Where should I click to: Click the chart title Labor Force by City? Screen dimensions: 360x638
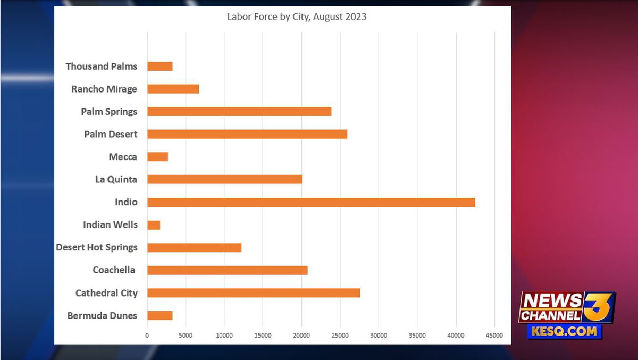tap(297, 16)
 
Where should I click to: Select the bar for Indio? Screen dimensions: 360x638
tap(311, 202)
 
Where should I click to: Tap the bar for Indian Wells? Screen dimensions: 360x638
tap(154, 225)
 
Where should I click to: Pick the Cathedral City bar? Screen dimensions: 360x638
tap(254, 293)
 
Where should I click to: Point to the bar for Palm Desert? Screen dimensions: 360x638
tap(247, 134)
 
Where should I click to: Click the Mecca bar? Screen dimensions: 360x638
tap(157, 157)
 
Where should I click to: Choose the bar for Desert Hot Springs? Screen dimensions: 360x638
tap(194, 247)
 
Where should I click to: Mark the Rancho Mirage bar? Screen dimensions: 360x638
tap(173, 89)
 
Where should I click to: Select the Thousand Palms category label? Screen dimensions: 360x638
tap(102, 66)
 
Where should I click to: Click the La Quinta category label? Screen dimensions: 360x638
tap(116, 179)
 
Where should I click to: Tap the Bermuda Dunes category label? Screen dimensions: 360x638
tap(102, 316)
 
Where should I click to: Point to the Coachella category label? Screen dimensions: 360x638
tap(114, 270)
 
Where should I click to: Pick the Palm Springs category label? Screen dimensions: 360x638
tap(109, 112)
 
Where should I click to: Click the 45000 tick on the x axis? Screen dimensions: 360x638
tap(494, 336)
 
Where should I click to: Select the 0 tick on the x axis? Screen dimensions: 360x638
tap(147, 336)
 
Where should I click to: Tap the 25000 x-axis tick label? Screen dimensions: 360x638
tap(340, 336)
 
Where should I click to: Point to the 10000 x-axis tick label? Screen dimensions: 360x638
tap(224, 336)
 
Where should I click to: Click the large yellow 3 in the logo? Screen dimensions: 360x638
tap(598, 307)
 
